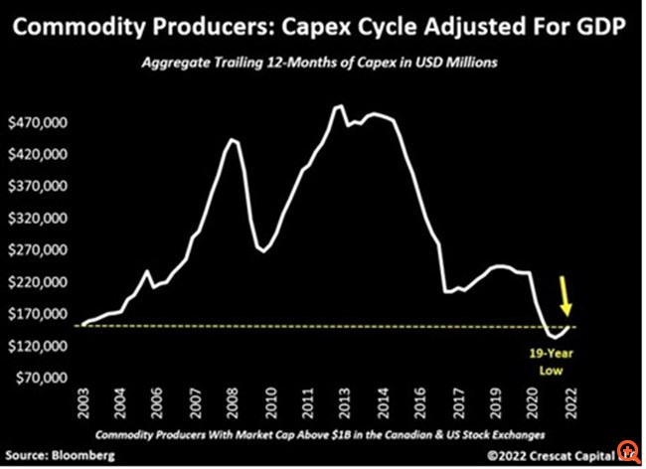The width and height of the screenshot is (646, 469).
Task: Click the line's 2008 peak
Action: tap(232, 139)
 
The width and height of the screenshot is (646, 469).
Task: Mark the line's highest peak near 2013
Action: tap(340, 105)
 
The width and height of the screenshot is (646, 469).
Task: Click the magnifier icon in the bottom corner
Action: tap(628, 452)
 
